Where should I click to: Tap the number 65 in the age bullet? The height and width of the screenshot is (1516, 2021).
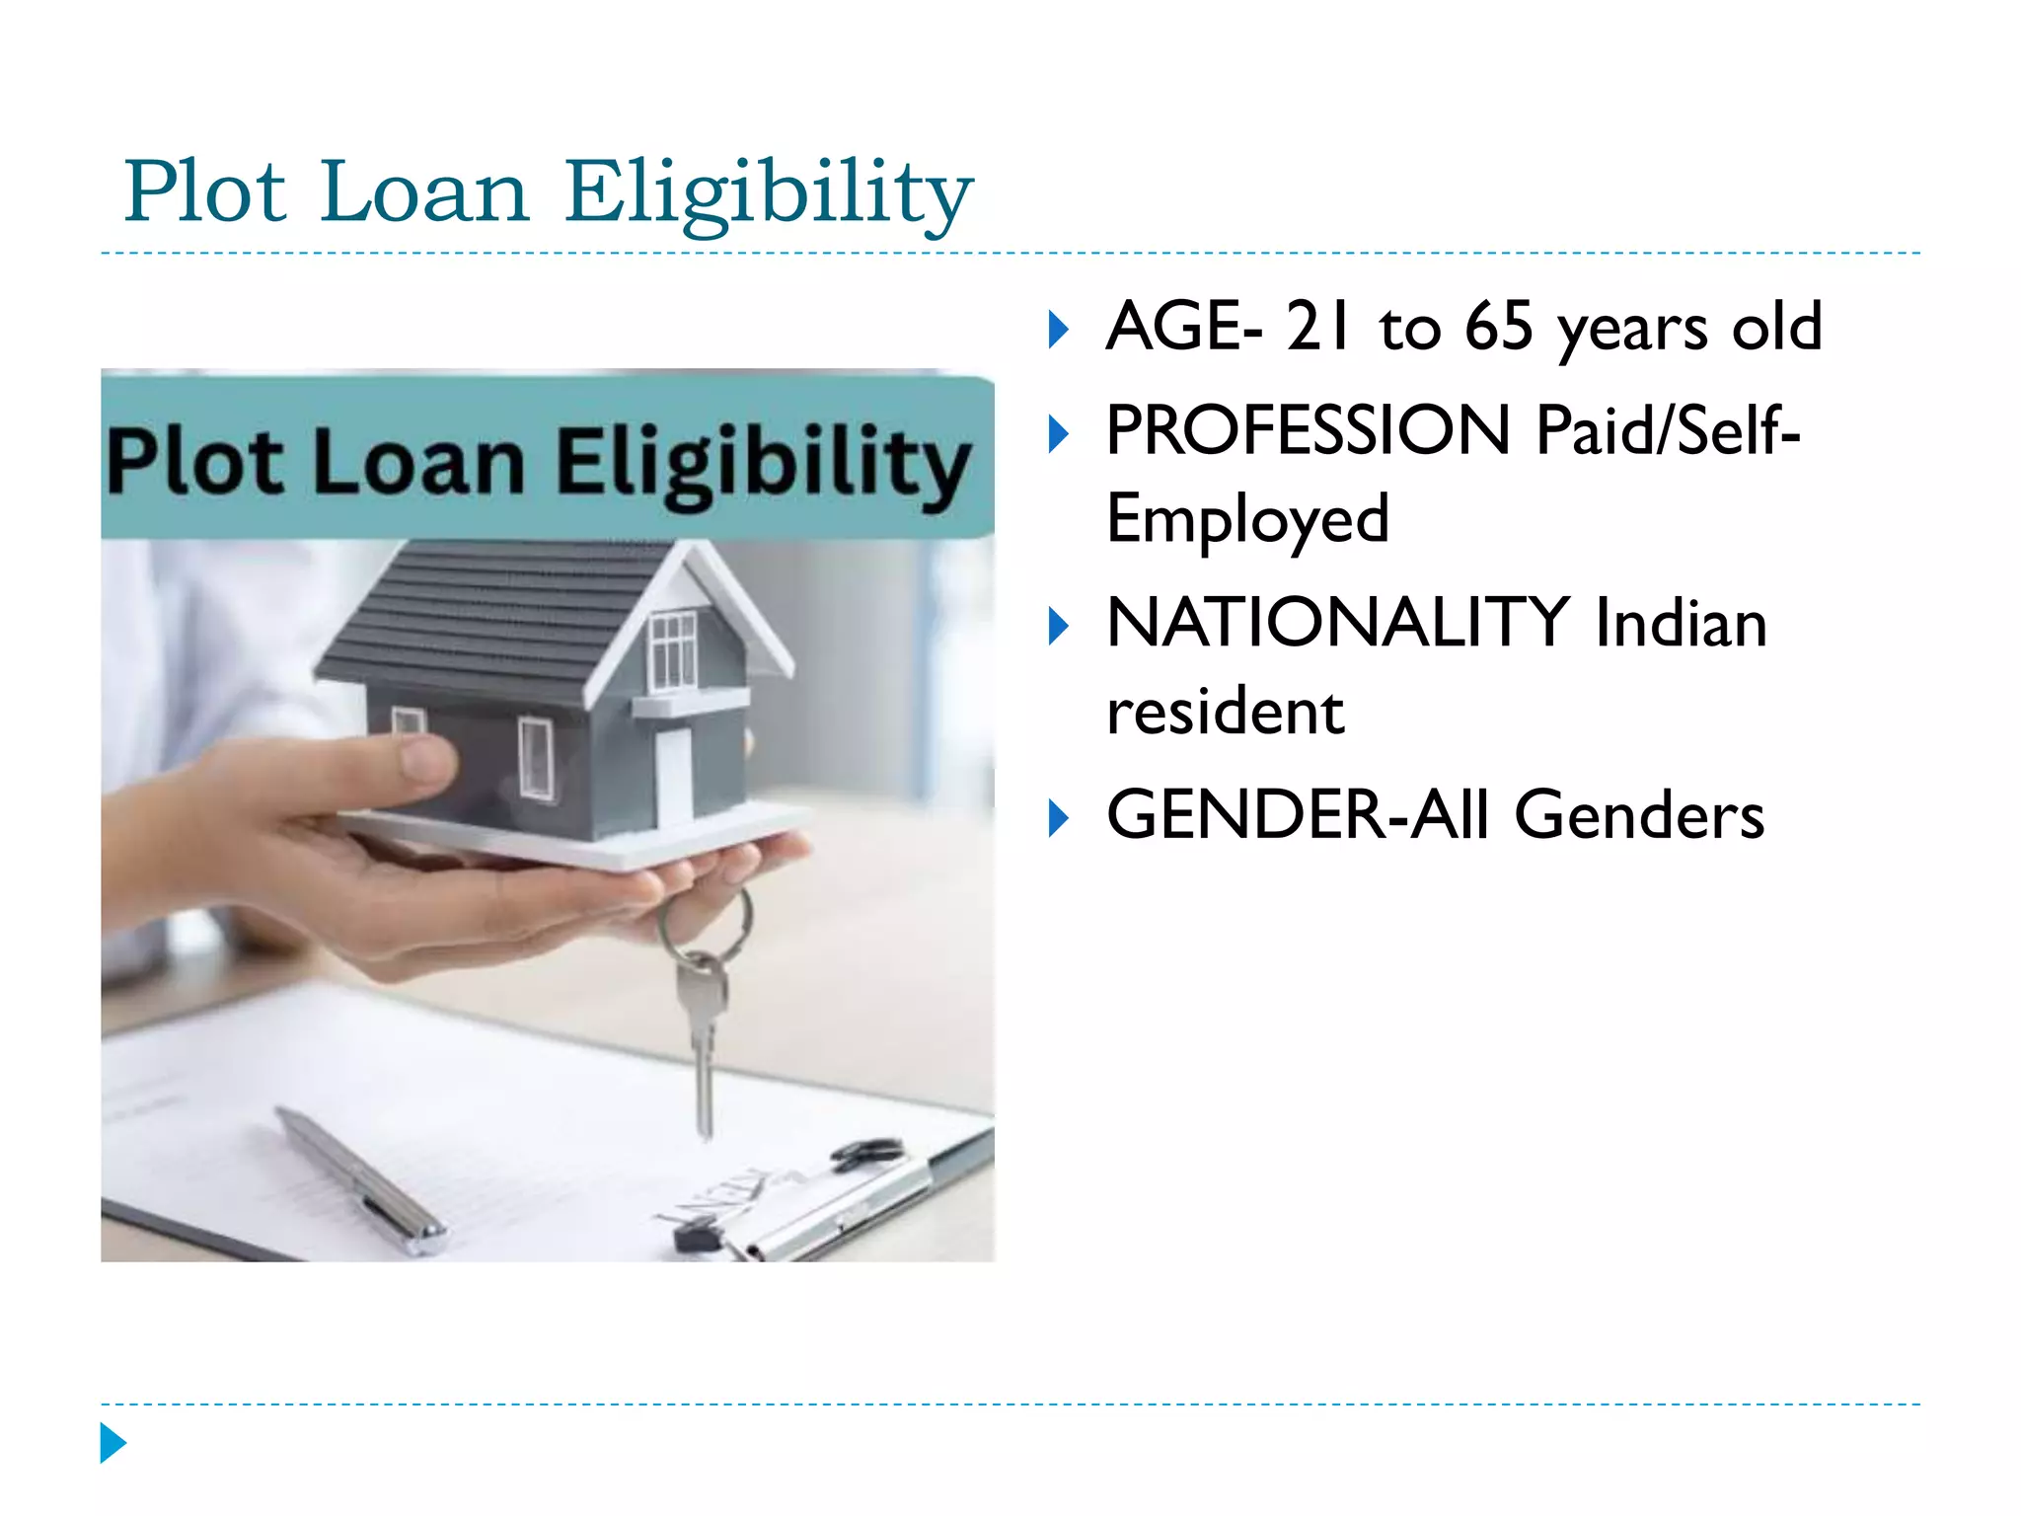1498,327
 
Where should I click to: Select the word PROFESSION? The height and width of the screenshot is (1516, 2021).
1308,430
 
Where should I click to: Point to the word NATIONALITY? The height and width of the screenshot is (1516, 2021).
1337,623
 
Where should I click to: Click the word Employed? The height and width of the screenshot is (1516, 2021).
1247,519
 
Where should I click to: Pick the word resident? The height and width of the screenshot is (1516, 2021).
1225,712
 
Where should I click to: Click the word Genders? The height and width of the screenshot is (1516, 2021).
1639,815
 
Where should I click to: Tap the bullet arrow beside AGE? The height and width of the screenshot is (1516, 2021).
1058,330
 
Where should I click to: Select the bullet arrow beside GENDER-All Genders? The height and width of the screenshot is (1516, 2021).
1058,818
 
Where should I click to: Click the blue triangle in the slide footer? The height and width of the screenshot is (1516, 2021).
112,1443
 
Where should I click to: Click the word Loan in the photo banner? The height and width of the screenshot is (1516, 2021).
418,464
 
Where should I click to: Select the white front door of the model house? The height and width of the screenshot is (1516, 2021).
674,776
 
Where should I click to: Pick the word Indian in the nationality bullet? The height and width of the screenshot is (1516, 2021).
1681,625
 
